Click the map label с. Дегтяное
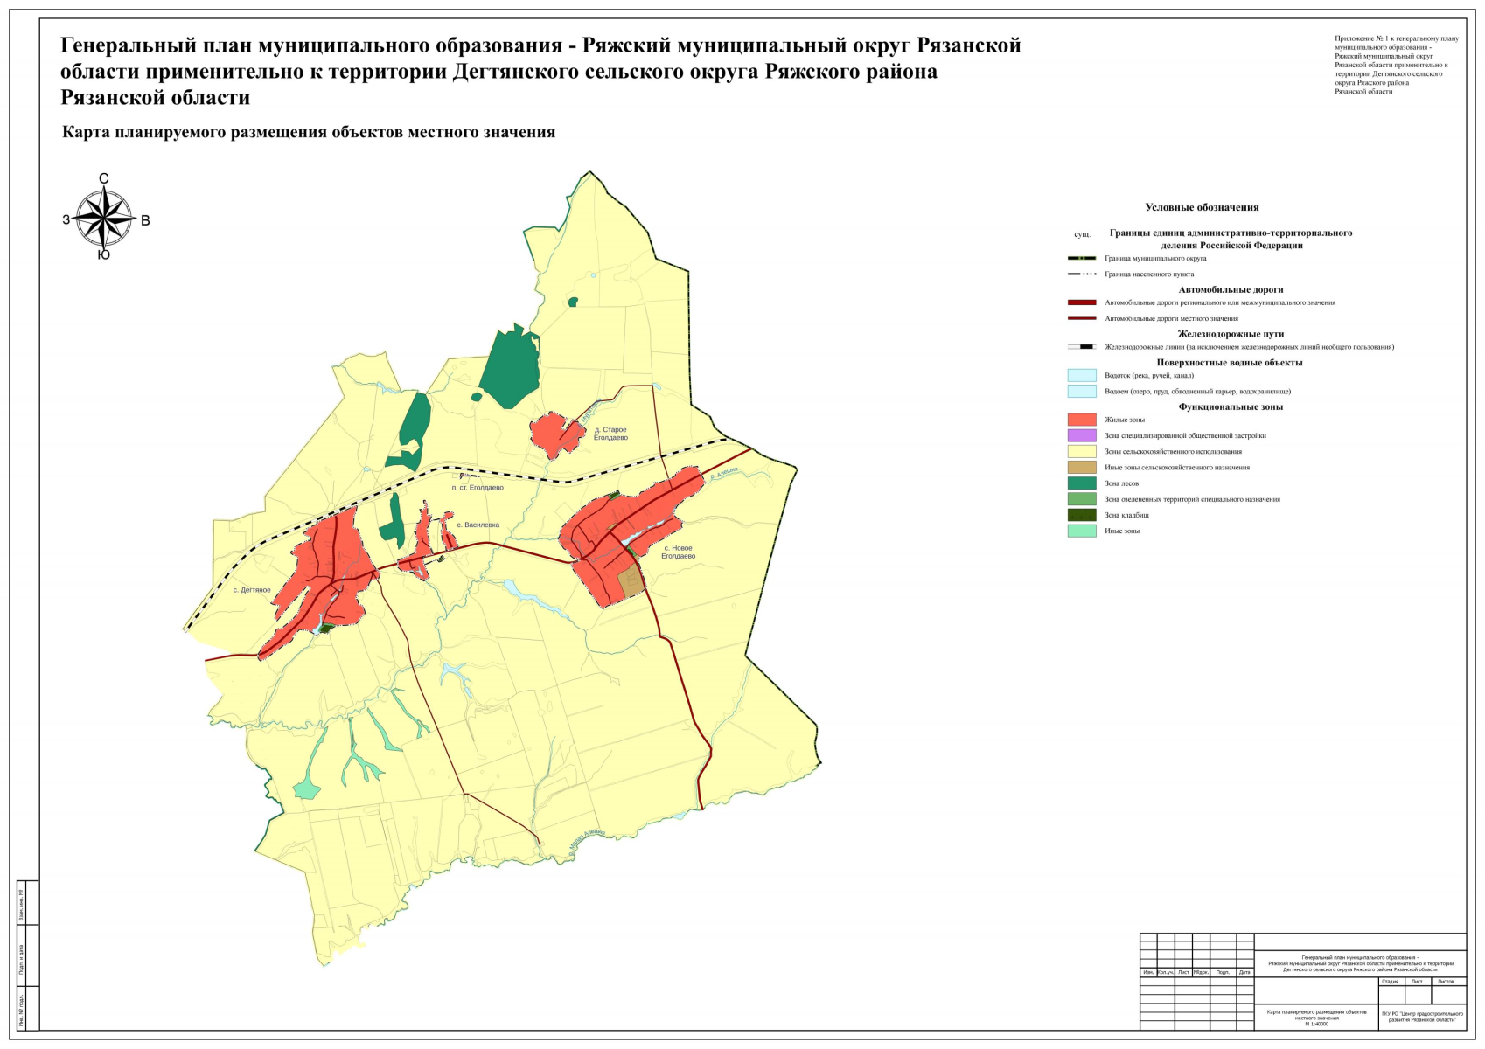pos(251,590)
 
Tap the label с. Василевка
pos(478,525)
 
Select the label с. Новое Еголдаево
pos(678,552)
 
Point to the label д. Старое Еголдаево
pos(610,434)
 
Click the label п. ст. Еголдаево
pos(477,488)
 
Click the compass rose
pos(103,219)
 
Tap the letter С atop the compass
pos(103,179)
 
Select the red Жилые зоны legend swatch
pos(1081,420)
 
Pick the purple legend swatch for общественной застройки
pos(1081,435)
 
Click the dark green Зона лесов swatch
pos(1081,483)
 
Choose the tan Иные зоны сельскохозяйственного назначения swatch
pos(1081,468)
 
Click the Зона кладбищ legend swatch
pos(1081,515)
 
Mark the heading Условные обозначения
pos(1202,207)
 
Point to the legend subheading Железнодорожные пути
pos(1230,334)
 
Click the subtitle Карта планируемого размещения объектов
pos(309,133)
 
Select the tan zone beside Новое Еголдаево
pos(630,582)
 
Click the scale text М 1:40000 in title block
pos(1316,1024)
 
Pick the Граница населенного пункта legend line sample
pos(1081,274)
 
